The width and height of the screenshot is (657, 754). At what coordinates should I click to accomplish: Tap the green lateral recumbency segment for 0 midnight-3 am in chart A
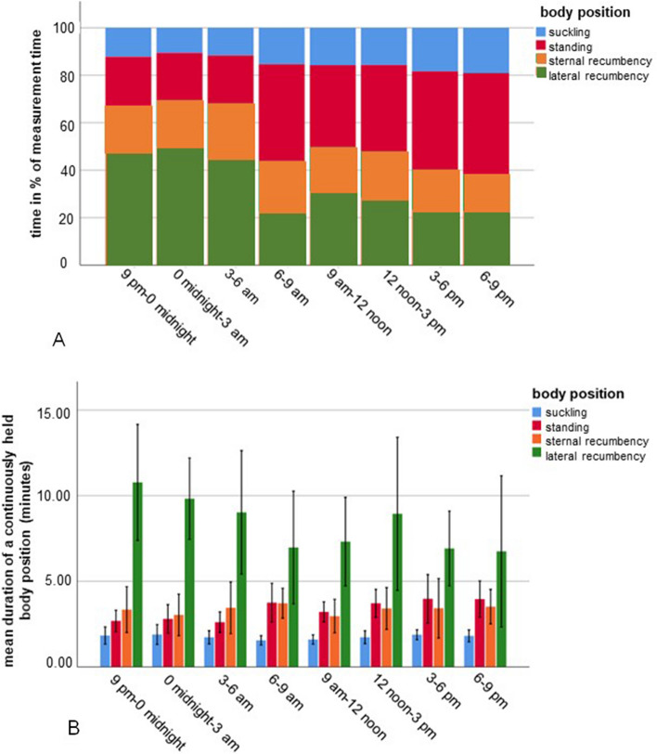pyautogui.click(x=180, y=205)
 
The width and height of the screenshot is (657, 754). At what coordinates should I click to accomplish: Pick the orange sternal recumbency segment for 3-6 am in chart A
pyautogui.click(x=231, y=131)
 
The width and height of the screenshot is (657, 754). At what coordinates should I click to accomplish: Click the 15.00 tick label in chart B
pyautogui.click(x=77, y=410)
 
